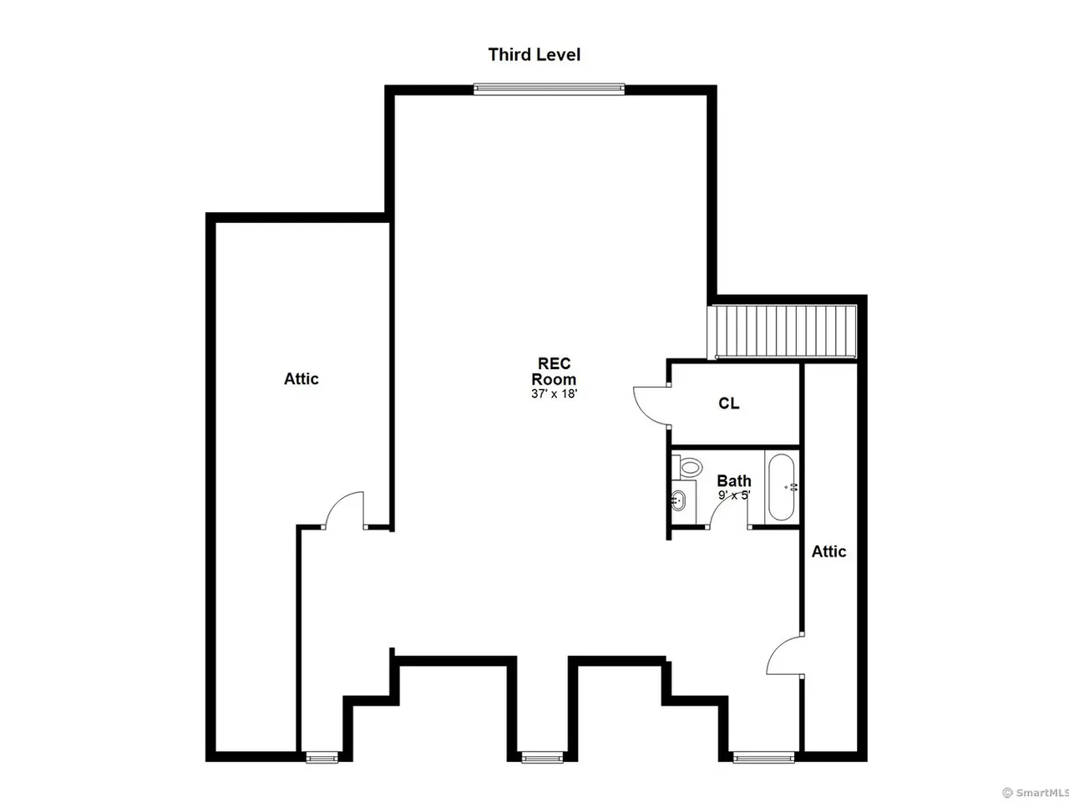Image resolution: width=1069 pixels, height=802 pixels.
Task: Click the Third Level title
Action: click(534, 54)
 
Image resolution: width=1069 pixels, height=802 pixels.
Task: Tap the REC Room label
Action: click(554, 371)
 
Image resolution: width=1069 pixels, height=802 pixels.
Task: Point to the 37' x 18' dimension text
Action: click(555, 393)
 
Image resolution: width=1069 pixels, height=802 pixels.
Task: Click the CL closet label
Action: click(728, 404)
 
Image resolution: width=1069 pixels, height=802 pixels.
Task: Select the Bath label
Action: click(734, 481)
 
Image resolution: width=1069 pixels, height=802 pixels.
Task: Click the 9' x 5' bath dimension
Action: click(734, 495)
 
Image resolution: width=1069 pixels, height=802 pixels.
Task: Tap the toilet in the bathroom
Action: click(686, 467)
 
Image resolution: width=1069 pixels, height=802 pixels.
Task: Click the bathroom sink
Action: click(678, 500)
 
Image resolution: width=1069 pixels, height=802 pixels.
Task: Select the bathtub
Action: click(782, 487)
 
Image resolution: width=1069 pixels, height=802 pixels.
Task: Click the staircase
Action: click(783, 332)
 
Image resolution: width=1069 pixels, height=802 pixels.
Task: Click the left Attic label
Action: click(301, 378)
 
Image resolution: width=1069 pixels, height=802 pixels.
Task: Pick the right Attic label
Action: click(829, 551)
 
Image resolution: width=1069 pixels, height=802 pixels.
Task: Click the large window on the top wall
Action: click(549, 89)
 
